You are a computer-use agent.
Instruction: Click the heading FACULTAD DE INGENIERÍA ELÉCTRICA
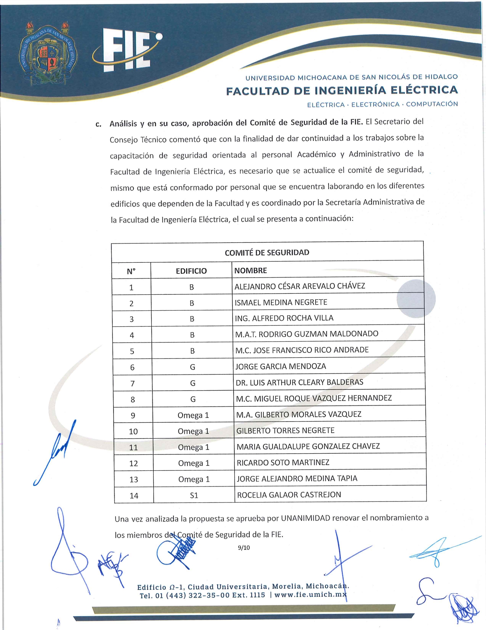click(x=342, y=90)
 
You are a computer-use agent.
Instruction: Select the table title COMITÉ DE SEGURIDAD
click(x=267, y=252)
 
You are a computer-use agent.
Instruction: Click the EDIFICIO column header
click(x=191, y=271)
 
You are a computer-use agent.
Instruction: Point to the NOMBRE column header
click(x=250, y=271)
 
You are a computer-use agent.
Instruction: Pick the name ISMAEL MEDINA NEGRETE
click(x=281, y=302)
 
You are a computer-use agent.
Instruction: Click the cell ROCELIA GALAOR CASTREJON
click(x=289, y=495)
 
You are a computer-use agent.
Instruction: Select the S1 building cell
click(x=194, y=496)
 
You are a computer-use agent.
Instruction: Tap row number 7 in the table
click(x=132, y=383)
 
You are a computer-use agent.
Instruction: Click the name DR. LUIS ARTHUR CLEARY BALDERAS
click(x=299, y=382)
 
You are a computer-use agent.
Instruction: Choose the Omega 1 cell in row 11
click(x=194, y=447)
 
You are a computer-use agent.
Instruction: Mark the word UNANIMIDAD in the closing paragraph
click(x=305, y=518)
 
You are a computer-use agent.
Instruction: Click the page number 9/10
click(x=244, y=548)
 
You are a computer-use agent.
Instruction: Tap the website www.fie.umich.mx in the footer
click(x=310, y=595)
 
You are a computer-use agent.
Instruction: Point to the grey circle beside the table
click(x=416, y=299)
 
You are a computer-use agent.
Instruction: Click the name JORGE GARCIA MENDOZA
click(x=281, y=367)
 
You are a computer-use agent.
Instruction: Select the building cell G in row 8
click(x=193, y=399)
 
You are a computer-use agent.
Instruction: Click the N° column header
click(x=131, y=271)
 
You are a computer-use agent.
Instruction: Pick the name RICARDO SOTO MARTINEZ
click(x=283, y=463)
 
